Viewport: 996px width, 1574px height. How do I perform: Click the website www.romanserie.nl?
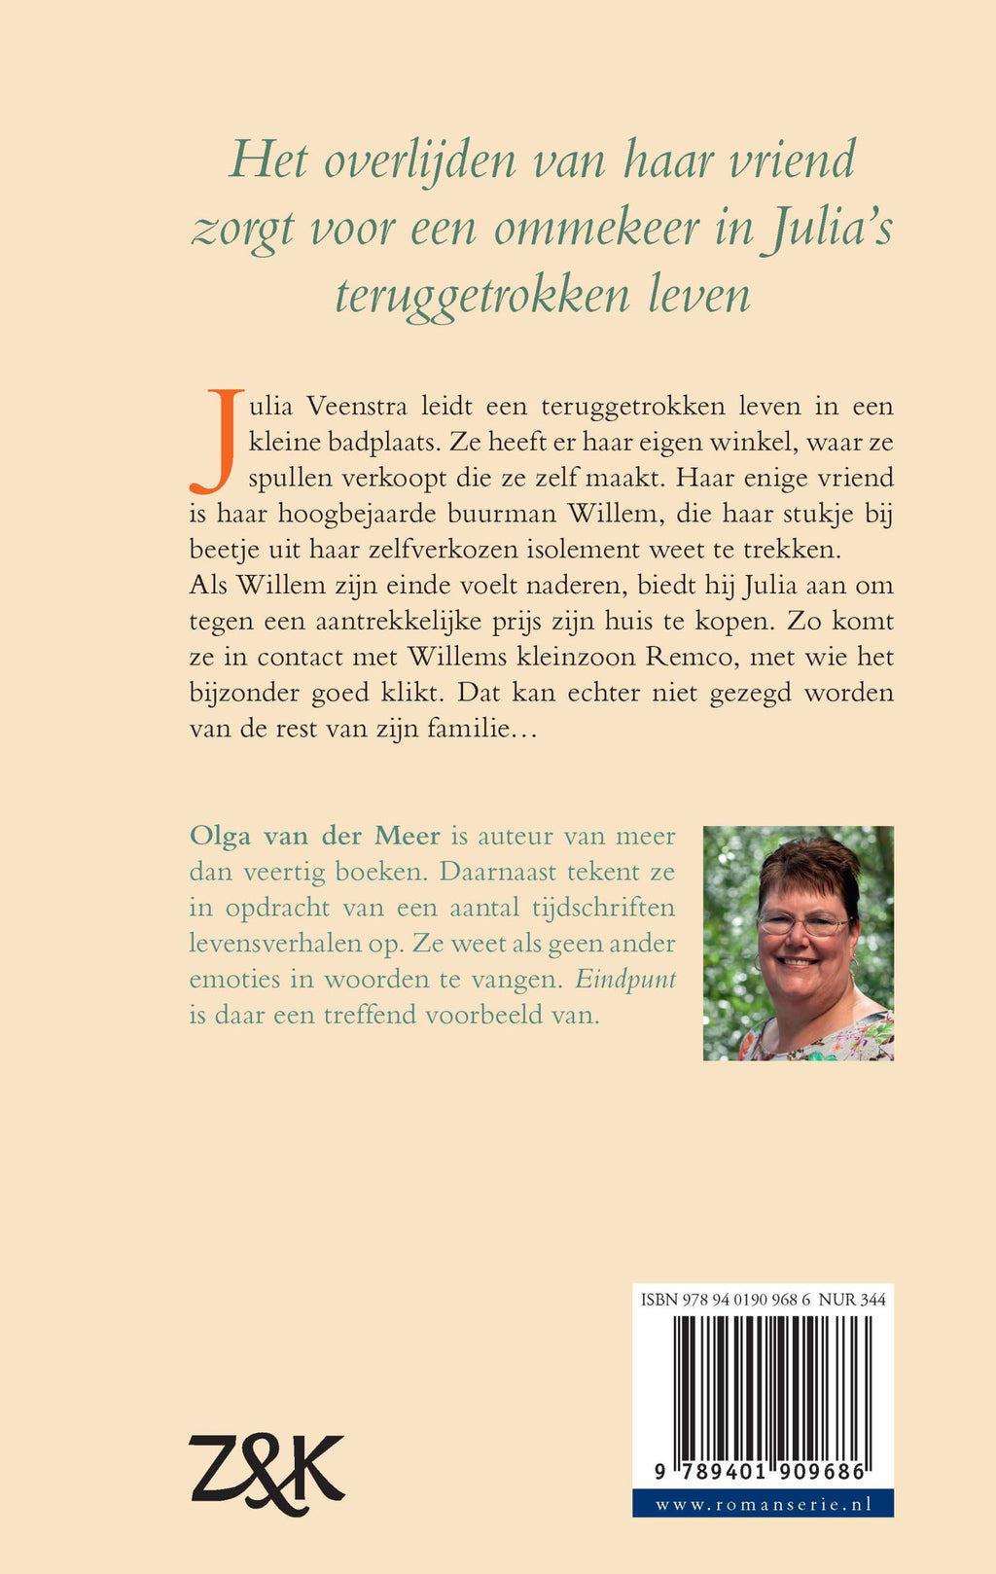[x=763, y=1504]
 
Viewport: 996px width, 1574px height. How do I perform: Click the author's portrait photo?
[x=798, y=943]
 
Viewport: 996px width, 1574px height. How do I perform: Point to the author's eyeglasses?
[x=803, y=922]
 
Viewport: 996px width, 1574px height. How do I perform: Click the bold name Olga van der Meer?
[x=315, y=836]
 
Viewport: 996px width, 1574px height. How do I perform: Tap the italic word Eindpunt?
[x=625, y=979]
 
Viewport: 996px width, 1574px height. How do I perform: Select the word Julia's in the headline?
[x=826, y=228]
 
